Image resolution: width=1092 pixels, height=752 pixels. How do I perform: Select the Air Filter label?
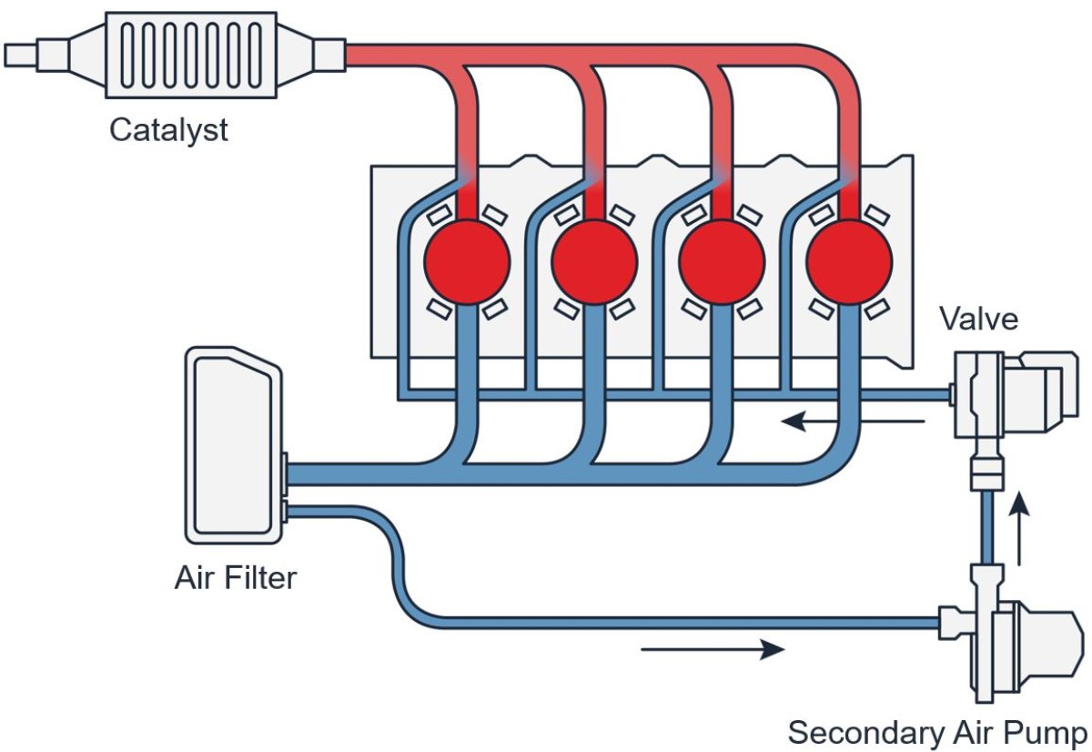click(235, 577)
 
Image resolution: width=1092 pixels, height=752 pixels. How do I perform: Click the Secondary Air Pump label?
click(936, 732)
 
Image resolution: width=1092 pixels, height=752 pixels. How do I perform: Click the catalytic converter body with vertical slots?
click(191, 55)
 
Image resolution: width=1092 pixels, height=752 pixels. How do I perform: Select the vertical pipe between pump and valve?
click(986, 528)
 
